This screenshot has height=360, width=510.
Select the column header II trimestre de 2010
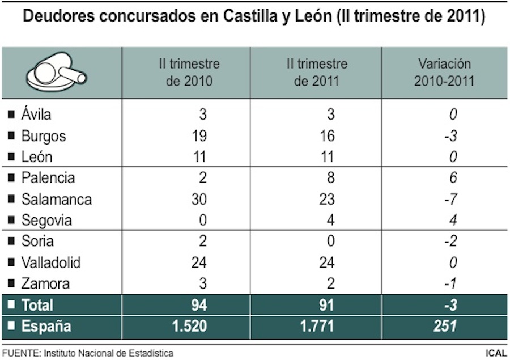[x=189, y=73]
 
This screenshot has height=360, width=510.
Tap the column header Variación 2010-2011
[x=444, y=73]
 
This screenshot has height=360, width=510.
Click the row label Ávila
[x=36, y=115]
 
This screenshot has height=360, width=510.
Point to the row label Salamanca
[x=56, y=200]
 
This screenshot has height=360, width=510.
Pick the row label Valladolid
[x=50, y=262]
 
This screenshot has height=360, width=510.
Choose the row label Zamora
[x=45, y=283]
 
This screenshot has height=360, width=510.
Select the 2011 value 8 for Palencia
[x=330, y=178]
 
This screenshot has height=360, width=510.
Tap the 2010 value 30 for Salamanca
[x=198, y=200]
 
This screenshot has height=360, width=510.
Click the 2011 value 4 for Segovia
[x=330, y=220]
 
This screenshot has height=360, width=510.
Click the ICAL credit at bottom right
[x=496, y=353]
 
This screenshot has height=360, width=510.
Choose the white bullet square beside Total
[x=11, y=305]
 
